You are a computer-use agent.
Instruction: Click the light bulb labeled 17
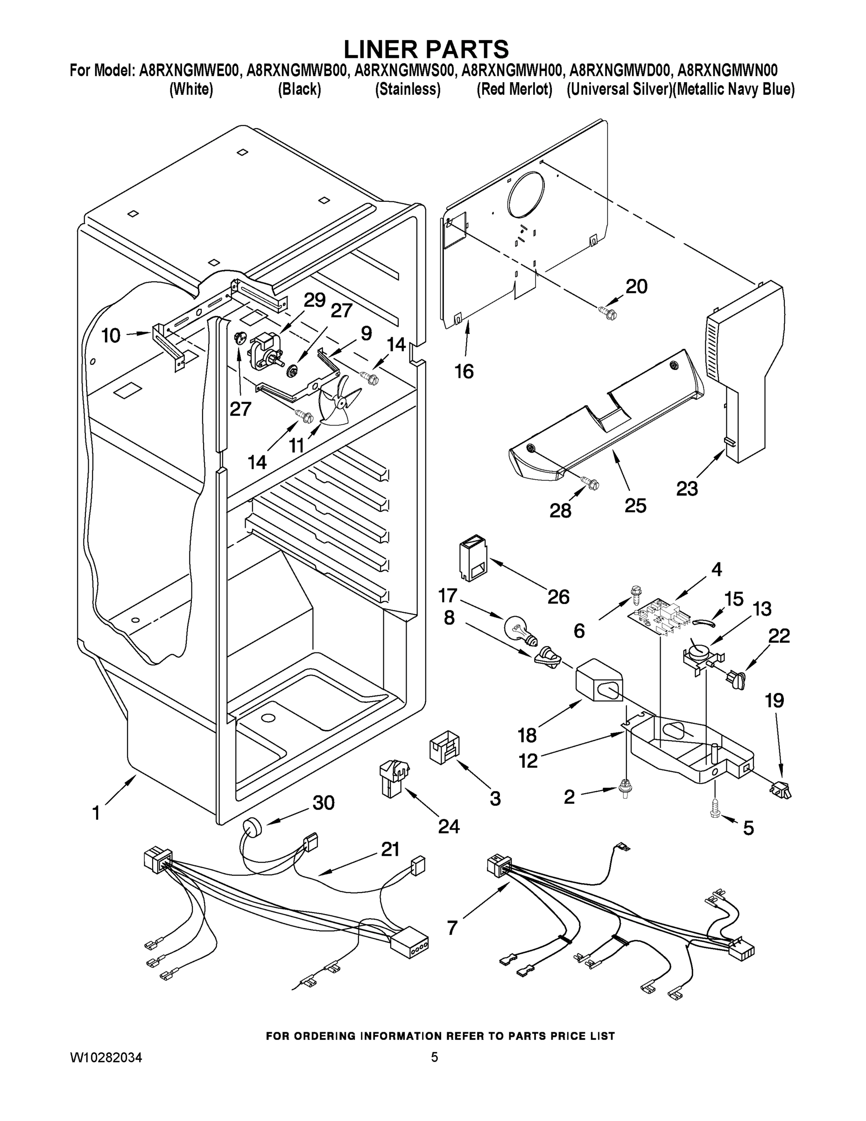pos(520,629)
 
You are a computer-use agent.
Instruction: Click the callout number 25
pos(635,505)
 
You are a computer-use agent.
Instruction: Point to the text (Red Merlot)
pos(514,89)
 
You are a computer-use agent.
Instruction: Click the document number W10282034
pos(106,1057)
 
